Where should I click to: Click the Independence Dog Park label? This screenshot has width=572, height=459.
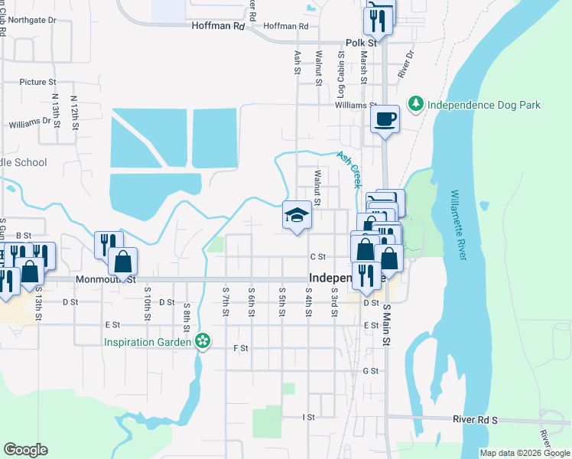[x=483, y=104]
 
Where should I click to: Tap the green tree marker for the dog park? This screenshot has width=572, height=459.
[x=416, y=103]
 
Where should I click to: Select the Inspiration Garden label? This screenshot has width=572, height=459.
[x=148, y=340]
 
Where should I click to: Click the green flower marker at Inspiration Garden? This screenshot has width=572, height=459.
[x=203, y=340]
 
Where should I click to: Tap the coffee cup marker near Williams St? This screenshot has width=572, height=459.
[x=385, y=119]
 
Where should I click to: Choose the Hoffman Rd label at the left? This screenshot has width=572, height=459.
[x=218, y=25]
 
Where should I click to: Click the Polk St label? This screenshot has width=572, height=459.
[x=357, y=44]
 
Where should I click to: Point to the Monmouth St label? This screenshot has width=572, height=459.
[x=106, y=280]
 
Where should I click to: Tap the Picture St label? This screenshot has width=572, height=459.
[x=38, y=82]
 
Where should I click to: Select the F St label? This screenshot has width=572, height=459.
[x=241, y=348]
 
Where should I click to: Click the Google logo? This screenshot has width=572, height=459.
[x=25, y=450]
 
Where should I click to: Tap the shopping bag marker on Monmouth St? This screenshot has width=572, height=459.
[x=122, y=262]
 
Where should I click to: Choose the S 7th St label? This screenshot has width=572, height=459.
[x=226, y=299]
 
